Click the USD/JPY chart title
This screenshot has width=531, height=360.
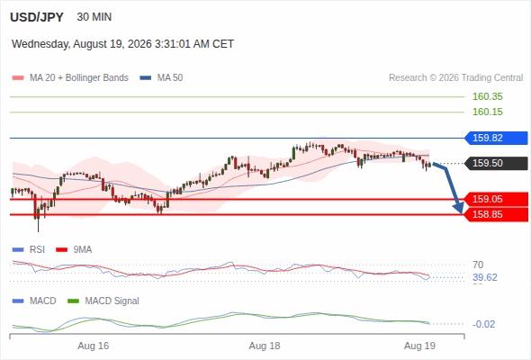click(37, 17)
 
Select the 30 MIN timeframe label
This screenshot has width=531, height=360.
click(94, 17)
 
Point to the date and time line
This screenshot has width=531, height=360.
click(122, 44)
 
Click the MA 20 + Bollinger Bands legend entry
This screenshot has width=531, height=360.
click(70, 78)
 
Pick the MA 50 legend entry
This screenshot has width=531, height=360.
click(161, 78)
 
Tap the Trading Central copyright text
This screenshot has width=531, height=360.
click(455, 78)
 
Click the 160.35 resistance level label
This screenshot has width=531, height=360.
click(487, 96)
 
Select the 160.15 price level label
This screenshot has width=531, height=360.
click(487, 112)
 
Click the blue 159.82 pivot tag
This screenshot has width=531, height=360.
click(496, 139)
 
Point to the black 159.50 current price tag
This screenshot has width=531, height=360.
click(496, 163)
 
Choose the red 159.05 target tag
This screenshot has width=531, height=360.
click(496, 199)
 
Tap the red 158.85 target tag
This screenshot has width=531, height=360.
click(496, 214)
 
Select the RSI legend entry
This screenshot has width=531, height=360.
click(29, 249)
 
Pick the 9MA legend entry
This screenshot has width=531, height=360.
click(74, 249)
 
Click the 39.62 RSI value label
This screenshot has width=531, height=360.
click(485, 278)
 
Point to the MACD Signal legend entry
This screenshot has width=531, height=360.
click(103, 301)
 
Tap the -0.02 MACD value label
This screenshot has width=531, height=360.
click(483, 324)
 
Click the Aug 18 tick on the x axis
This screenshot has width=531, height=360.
click(265, 346)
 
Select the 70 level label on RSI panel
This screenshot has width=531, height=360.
click(478, 265)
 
